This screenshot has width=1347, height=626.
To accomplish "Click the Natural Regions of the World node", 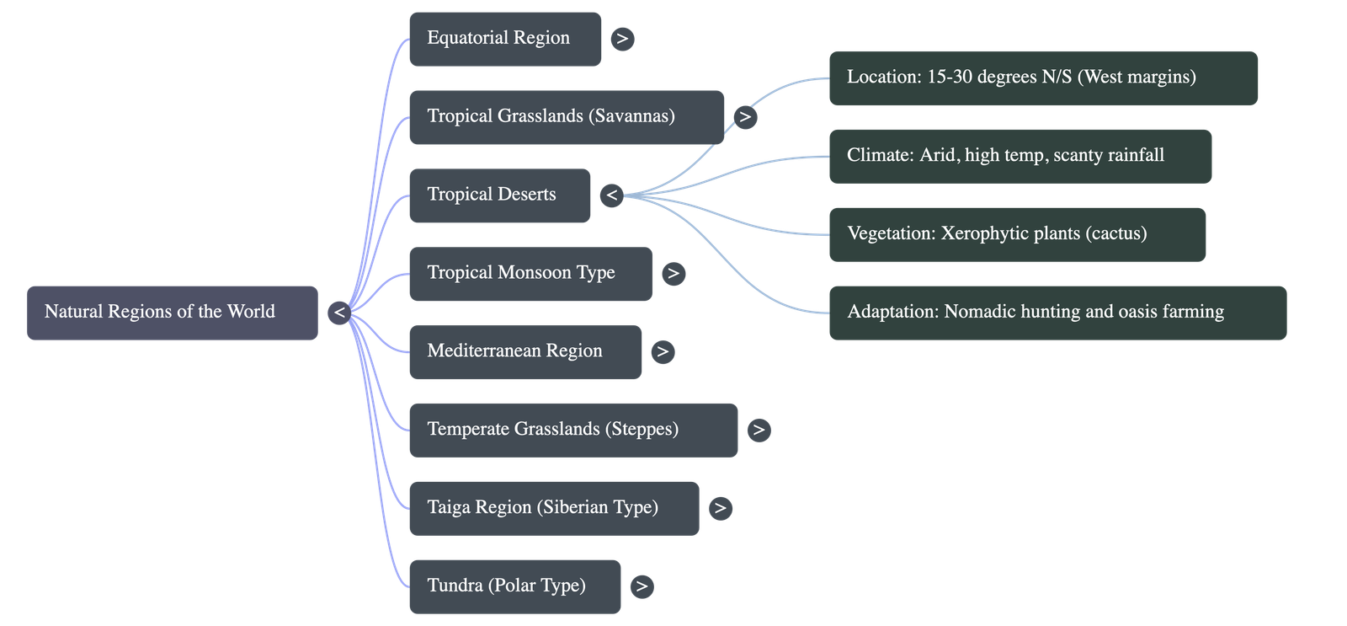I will (172, 313).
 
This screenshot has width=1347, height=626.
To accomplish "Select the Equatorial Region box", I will (504, 39).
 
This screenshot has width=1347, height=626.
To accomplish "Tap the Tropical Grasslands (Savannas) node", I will (566, 117).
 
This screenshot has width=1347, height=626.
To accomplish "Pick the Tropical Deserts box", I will (499, 195).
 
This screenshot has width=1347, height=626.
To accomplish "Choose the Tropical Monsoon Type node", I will (530, 274).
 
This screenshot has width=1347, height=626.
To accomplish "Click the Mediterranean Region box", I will (524, 352).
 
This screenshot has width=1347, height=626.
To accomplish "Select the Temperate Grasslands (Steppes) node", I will (572, 431).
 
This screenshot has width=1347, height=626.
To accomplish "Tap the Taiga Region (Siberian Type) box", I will (553, 508).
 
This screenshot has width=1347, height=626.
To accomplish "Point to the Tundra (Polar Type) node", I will (514, 586).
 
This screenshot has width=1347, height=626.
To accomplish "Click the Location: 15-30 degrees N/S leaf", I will (1042, 78).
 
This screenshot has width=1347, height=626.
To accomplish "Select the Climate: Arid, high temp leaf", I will (1020, 157).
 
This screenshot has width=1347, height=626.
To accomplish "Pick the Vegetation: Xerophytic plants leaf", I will (1017, 234).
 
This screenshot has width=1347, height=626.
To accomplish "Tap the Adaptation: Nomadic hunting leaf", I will (1057, 313).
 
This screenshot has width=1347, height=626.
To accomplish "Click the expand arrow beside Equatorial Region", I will (622, 39).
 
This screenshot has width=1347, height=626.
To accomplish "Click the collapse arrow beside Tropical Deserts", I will (612, 195).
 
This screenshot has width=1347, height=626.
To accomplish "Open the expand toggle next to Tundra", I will (642, 586).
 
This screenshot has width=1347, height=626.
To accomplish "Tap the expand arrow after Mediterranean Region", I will (663, 352).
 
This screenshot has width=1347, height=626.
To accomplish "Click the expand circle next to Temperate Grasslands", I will (759, 431).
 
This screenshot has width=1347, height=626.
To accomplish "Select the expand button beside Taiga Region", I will (720, 508).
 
